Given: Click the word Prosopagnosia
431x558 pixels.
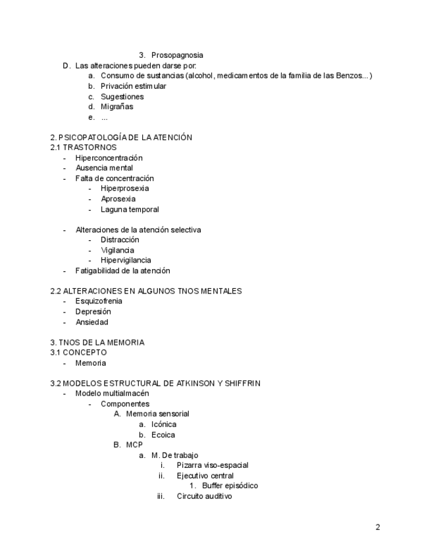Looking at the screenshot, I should pyautogui.click(x=177, y=55).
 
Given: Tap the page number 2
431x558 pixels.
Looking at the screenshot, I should pyautogui.click(x=378, y=527).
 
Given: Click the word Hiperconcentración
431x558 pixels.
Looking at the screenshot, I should pyautogui.click(x=109, y=158).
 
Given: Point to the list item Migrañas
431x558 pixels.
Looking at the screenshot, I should pyautogui.click(x=116, y=107).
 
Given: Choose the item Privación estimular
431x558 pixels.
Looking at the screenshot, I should pyautogui.click(x=133, y=86).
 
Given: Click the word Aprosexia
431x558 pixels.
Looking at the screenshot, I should pyautogui.click(x=118, y=199).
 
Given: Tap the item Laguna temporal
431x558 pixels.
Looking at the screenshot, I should pyautogui.click(x=130, y=209).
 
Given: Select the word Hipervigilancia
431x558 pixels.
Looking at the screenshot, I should pyautogui.click(x=126, y=261).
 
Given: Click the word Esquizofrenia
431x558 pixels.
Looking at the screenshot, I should pyautogui.click(x=99, y=301).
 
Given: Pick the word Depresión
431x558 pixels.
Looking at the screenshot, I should pyautogui.click(x=93, y=312).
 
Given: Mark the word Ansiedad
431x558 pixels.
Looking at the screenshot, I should pyautogui.click(x=91, y=322).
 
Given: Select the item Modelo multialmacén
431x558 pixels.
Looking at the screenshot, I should pyautogui.click(x=107, y=393).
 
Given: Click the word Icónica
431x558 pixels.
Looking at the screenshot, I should pyautogui.click(x=164, y=424).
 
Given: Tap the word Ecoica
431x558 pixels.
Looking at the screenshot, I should pyautogui.click(x=163, y=435).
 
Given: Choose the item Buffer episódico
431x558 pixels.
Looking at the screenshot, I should pyautogui.click(x=230, y=486).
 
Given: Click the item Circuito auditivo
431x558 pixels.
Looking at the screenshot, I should pyautogui.click(x=204, y=496).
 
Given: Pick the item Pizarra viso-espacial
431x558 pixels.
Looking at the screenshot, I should pyautogui.click(x=212, y=465).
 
